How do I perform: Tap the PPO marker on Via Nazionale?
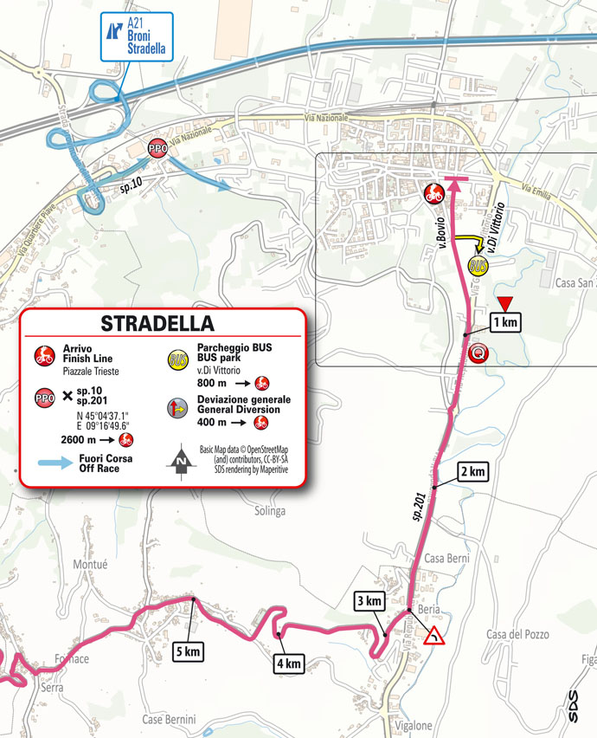click(x=157, y=147)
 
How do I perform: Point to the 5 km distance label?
click(x=189, y=651)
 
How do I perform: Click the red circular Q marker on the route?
click(x=476, y=353)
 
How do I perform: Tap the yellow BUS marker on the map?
click(x=477, y=265)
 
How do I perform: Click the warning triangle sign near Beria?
click(x=434, y=638)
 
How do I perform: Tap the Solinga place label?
click(x=270, y=511)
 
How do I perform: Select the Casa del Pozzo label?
click(x=517, y=634)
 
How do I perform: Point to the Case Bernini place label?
click(x=170, y=719)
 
